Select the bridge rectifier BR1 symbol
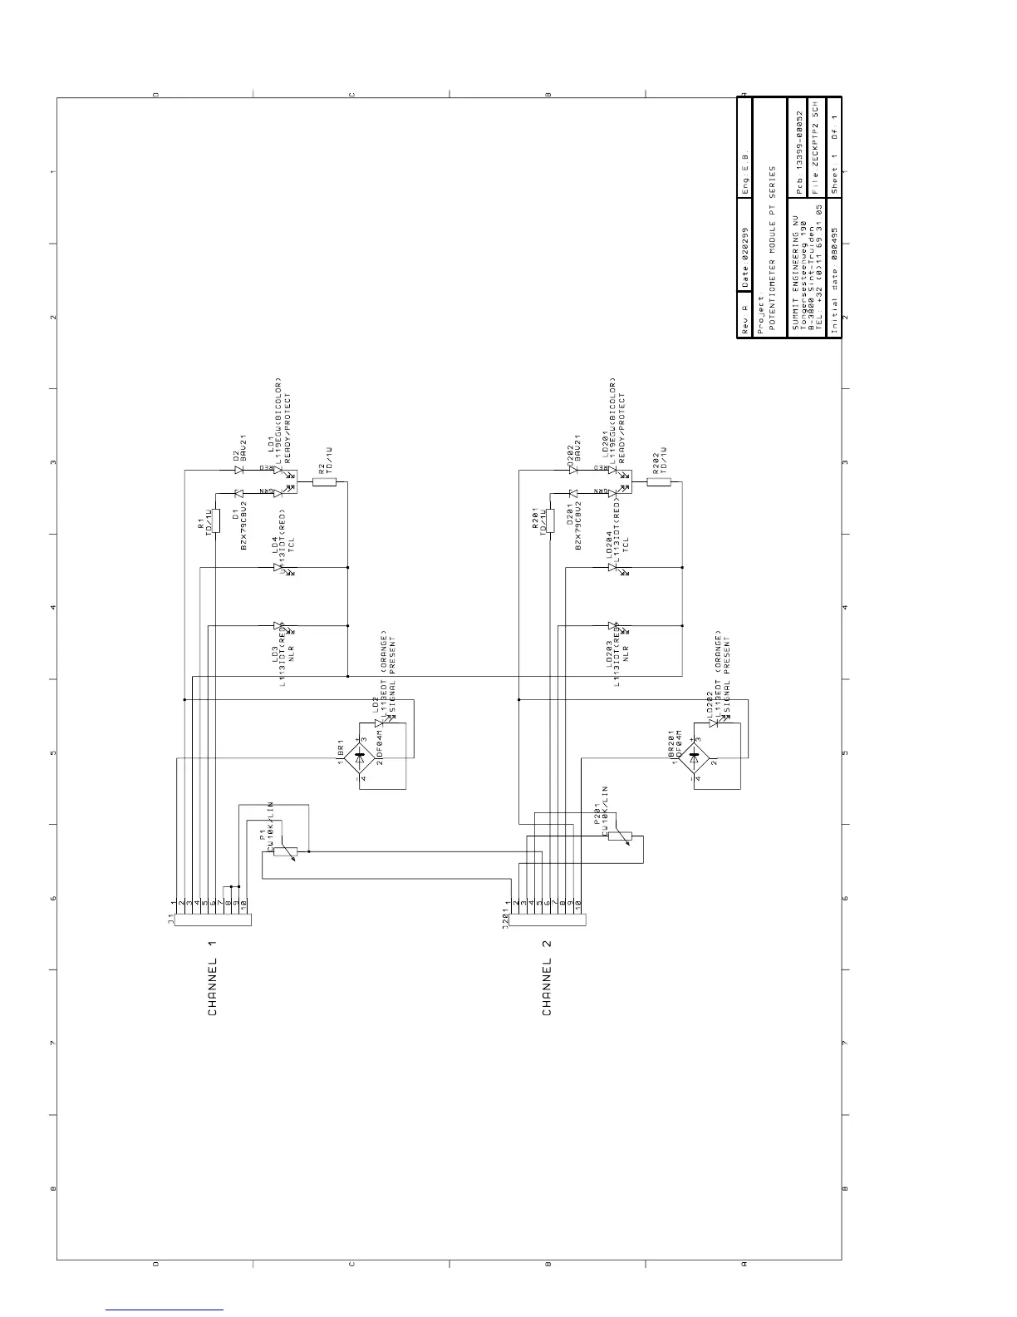click(359, 758)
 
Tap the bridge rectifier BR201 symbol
click(694, 757)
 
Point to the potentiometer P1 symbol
click(285, 851)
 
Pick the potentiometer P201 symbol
click(619, 836)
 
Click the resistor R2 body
click(324, 481)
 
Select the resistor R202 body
click(658, 481)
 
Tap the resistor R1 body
click(215, 520)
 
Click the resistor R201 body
click(550, 520)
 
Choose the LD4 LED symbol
click(278, 567)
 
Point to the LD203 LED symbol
click(613, 625)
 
